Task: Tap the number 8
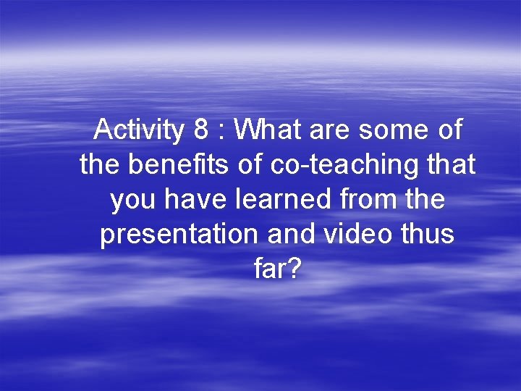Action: click(x=202, y=131)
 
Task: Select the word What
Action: click(x=263, y=131)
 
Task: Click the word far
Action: click(x=269, y=270)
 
